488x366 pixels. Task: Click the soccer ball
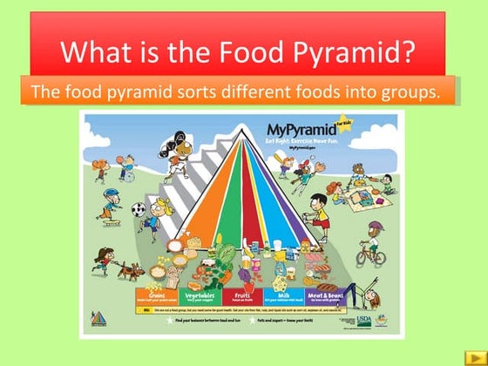pos(138,209)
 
